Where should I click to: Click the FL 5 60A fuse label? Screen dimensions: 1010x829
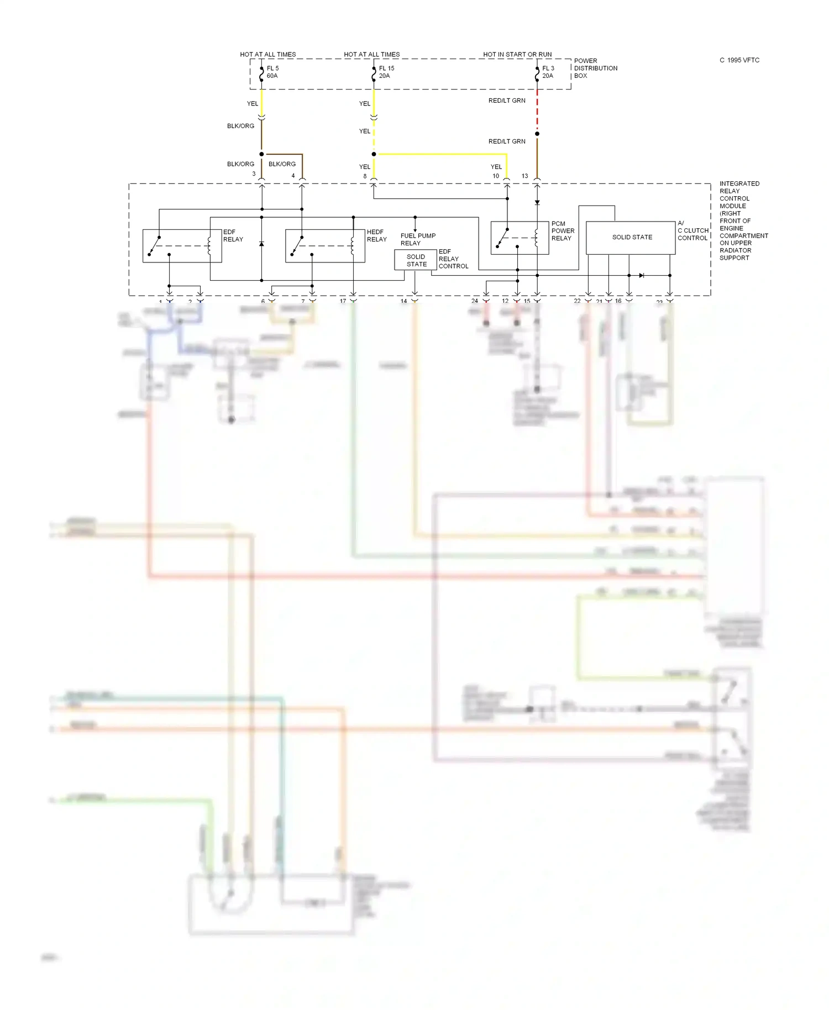pyautogui.click(x=272, y=72)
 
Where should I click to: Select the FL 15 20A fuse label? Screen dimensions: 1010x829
pyautogui.click(x=386, y=72)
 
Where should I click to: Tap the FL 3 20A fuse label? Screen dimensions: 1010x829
pyautogui.click(x=548, y=72)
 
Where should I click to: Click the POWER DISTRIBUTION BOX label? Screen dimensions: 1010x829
pyautogui.click(x=595, y=68)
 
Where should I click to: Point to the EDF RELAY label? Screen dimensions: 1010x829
pyautogui.click(x=233, y=235)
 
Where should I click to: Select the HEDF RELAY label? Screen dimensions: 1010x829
pyautogui.click(x=376, y=235)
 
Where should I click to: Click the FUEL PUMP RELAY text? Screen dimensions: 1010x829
pyautogui.click(x=417, y=239)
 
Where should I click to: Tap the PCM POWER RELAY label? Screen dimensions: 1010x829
pyautogui.click(x=563, y=231)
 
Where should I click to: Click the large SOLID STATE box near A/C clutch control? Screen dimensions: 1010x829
pyautogui.click(x=631, y=238)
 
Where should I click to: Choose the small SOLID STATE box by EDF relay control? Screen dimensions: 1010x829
pyautogui.click(x=416, y=260)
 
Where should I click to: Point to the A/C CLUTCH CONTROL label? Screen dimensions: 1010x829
pyautogui.click(x=692, y=230)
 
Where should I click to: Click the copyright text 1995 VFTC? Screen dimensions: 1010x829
pyautogui.click(x=739, y=60)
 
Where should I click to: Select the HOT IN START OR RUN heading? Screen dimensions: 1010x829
pyautogui.click(x=517, y=54)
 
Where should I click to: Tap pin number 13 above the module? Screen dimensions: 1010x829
pyautogui.click(x=524, y=176)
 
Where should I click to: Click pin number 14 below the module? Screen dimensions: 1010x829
pyautogui.click(x=403, y=301)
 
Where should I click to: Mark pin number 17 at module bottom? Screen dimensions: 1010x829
pyautogui.click(x=343, y=301)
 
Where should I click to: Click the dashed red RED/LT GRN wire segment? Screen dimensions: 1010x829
pyautogui.click(x=537, y=113)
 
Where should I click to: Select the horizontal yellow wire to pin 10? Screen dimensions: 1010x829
pyautogui.click(x=442, y=154)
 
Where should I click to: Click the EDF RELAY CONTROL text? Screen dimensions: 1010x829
pyautogui.click(x=453, y=259)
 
